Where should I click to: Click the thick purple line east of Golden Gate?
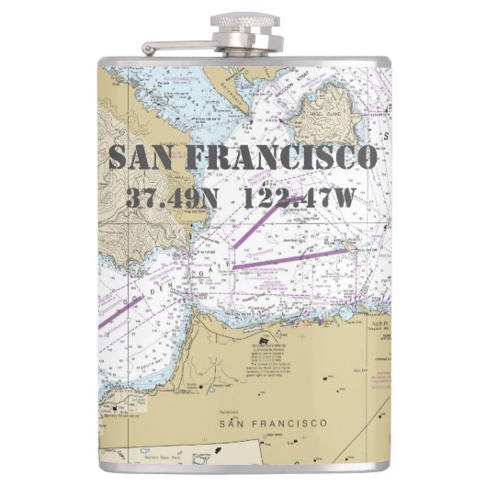pos(294,257)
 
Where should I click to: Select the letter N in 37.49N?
pos(210,197)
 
